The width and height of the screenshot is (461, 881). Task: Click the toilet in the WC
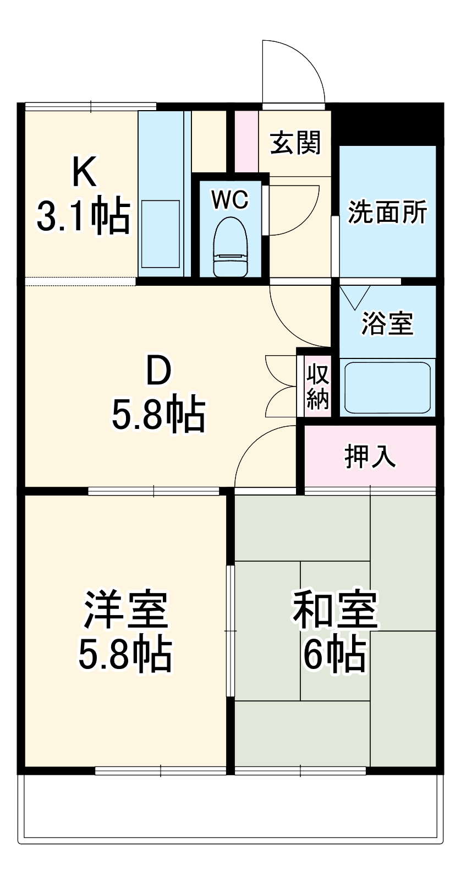231,248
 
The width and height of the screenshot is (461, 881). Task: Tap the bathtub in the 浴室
387,387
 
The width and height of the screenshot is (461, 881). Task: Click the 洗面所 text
387,212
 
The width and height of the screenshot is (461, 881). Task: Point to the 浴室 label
387,323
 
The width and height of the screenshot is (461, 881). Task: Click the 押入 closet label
370,456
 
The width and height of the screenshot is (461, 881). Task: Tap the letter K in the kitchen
84,172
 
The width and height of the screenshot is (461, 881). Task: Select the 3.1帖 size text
83,215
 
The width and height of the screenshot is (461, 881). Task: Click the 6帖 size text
335,654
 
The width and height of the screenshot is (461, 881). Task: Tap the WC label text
230,200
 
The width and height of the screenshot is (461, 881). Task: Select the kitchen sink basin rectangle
161,235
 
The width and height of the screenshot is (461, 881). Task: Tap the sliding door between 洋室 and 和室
231,630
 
